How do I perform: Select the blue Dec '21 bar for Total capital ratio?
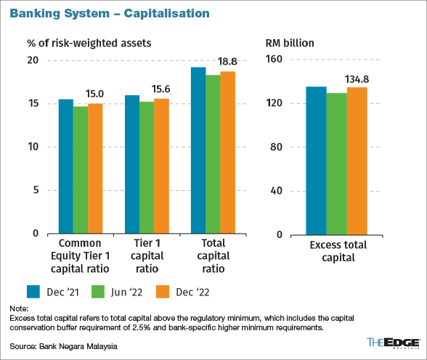coord(198,150)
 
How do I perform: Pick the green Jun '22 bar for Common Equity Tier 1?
coord(81,170)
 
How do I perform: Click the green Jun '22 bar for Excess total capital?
coord(336,163)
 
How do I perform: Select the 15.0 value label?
coord(95,94)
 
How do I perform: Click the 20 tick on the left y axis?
coord(32,60)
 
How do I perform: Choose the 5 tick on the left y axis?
coord(35,190)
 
